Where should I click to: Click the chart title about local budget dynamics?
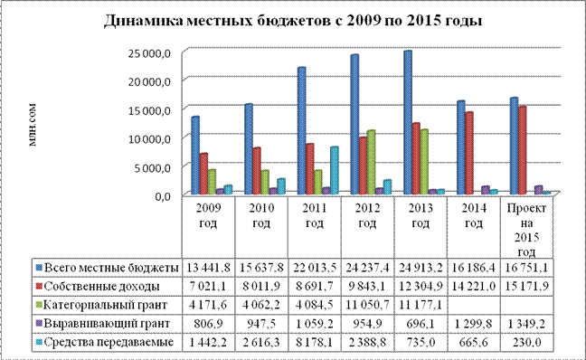click(293, 21)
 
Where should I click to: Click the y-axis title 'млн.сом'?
click(33, 125)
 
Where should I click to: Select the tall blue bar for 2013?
click(408, 122)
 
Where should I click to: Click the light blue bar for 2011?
click(334, 170)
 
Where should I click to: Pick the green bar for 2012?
click(371, 162)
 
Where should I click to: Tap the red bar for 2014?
click(469, 153)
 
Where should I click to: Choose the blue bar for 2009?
click(195, 156)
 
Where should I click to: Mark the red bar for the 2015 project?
click(522, 150)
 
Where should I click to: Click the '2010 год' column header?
click(261, 215)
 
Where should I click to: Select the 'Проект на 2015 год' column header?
click(526, 230)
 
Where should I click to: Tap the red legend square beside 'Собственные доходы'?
click(39, 287)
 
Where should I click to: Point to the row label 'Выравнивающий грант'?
click(107, 323)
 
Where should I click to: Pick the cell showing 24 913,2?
click(421, 268)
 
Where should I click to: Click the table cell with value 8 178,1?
click(315, 342)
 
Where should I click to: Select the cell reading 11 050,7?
click(367, 305)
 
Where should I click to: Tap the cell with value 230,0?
click(526, 342)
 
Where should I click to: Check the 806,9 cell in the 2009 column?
click(208, 323)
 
